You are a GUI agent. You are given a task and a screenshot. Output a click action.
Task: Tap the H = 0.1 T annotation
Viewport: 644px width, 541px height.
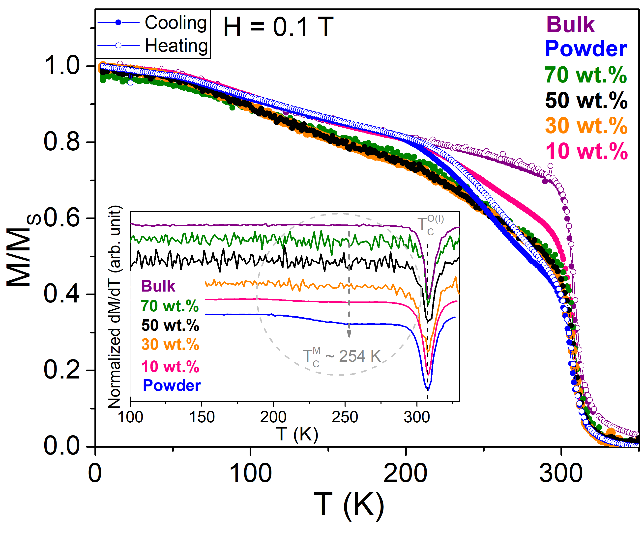[278, 27]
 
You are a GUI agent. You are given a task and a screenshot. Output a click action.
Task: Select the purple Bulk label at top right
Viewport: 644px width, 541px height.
[570, 25]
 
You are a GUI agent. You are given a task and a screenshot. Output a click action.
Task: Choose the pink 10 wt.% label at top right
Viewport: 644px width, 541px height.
[586, 151]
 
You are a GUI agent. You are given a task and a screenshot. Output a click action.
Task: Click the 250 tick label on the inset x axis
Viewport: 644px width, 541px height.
[345, 417]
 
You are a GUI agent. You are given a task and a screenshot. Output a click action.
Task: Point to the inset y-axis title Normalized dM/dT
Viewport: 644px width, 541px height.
[115, 307]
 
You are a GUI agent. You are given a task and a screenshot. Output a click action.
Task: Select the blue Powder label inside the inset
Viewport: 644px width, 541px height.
[172, 385]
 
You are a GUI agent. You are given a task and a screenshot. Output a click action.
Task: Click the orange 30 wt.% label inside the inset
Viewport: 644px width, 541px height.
[170, 344]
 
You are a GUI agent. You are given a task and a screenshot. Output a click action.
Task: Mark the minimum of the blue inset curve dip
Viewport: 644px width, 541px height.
[428, 389]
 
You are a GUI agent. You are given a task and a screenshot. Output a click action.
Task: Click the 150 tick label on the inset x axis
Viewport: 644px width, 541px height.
[202, 417]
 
